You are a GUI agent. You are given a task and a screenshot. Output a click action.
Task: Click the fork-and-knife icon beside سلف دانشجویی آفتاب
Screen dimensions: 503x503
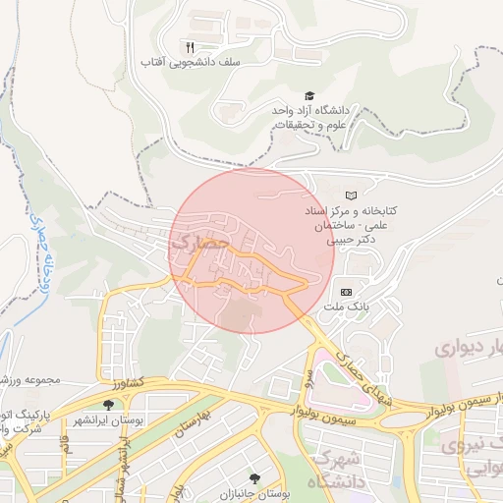click(x=190, y=46)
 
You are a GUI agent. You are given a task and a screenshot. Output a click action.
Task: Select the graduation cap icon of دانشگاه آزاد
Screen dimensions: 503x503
click(x=309, y=96)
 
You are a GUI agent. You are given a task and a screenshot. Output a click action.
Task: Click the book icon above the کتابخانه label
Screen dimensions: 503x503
click(x=351, y=196)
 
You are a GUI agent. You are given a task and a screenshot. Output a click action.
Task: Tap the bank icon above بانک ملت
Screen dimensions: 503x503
click(x=346, y=292)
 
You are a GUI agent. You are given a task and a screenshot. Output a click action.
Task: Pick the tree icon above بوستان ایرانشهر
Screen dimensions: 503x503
click(x=107, y=404)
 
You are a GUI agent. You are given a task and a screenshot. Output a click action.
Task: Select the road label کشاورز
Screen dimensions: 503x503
click(x=127, y=382)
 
